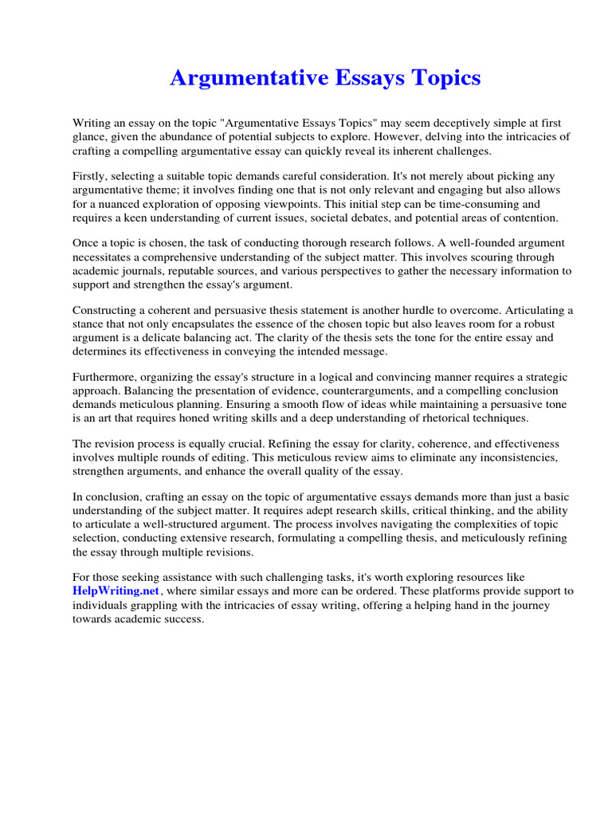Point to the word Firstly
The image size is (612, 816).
point(90,176)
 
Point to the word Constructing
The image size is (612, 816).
point(107,311)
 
